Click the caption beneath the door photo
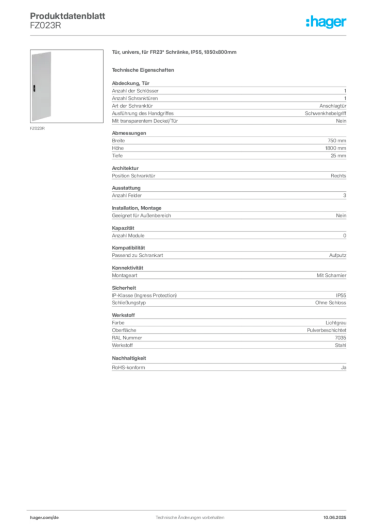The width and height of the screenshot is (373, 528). click(37, 128)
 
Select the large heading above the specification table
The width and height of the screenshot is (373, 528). click(175, 53)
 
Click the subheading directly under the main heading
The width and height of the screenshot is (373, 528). click(144, 70)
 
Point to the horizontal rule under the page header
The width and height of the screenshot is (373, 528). click(189, 35)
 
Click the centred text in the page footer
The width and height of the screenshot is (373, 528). click(189, 515)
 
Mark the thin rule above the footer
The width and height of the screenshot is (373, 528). click(189, 510)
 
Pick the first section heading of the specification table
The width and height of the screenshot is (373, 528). click(131, 81)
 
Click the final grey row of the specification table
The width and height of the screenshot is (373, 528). click(228, 367)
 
